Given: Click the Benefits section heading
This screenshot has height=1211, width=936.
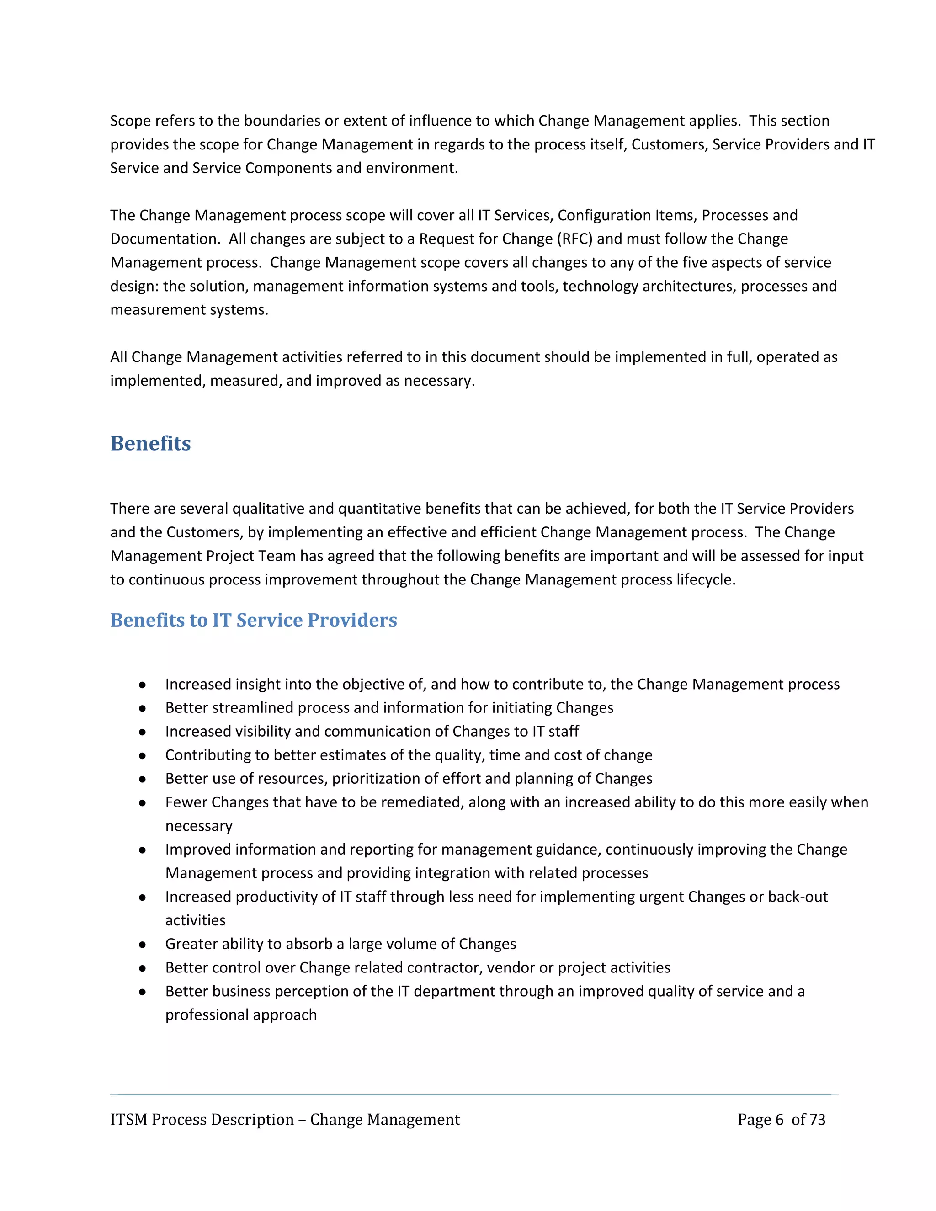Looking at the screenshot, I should [150, 444].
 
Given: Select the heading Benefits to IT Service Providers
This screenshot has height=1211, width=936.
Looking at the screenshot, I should [253, 620].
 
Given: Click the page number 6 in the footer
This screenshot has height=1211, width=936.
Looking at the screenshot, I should [780, 1120].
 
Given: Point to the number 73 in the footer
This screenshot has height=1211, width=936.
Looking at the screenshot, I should [817, 1120].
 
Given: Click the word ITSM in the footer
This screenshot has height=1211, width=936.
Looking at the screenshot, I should [128, 1120].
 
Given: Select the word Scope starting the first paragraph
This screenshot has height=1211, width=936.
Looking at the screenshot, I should [130, 121].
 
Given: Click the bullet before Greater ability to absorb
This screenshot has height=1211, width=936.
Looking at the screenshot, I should [143, 944].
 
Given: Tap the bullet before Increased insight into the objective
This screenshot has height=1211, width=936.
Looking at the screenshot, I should [143, 685].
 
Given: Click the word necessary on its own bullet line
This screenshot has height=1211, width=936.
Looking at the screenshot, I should [198, 826].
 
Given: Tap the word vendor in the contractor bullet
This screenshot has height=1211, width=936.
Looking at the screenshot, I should [510, 967].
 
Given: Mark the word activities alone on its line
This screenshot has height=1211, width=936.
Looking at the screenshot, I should [195, 920].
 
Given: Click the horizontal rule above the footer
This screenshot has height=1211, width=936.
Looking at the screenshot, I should [474, 1094].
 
